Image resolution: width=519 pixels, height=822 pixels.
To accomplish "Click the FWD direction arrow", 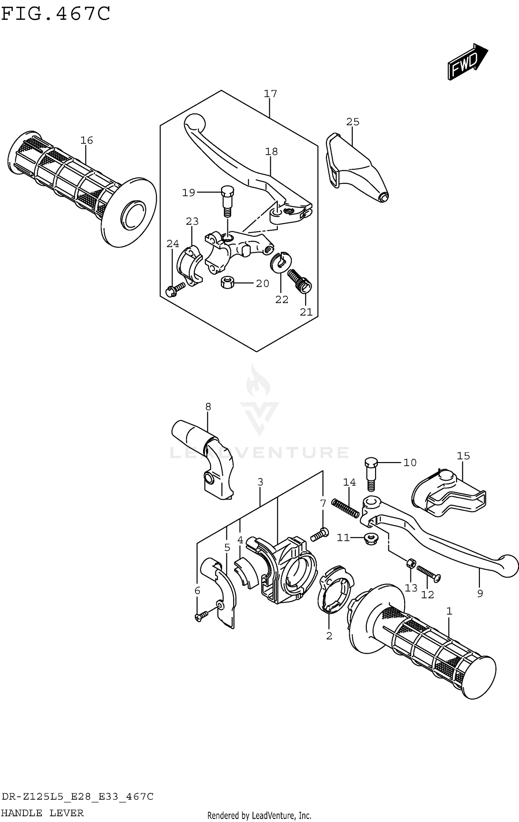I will (467, 62).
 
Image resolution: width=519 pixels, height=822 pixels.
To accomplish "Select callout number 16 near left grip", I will (86, 140).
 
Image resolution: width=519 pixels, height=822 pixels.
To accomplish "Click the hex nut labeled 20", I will (227, 282).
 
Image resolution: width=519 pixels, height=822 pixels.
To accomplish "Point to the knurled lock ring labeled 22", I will (280, 262).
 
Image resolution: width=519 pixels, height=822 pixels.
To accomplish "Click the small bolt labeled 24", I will (175, 289).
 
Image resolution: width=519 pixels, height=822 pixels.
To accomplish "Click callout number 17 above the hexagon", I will (270, 93).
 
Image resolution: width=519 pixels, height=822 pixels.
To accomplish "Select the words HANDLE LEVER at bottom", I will (42, 813).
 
